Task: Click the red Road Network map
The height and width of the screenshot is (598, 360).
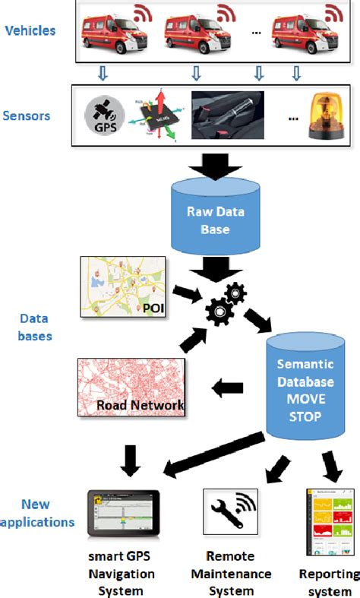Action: click(131, 388)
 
